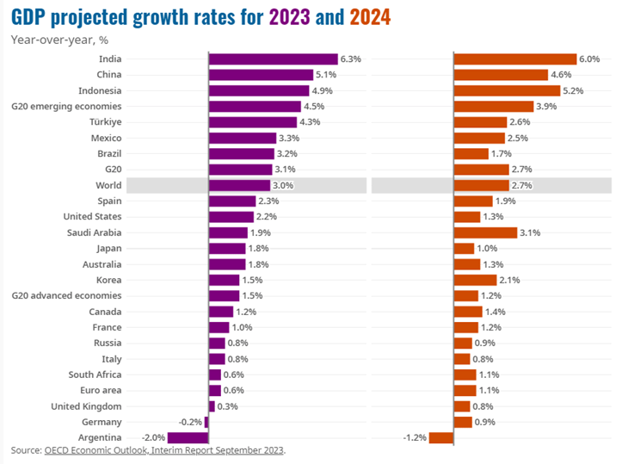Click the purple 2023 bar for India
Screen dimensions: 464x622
(273, 59)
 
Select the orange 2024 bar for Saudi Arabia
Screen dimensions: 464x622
(485, 232)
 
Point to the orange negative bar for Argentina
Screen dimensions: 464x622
(441, 438)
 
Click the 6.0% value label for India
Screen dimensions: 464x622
(589, 59)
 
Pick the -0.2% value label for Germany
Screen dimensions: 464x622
(190, 422)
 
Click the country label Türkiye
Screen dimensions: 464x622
(105, 122)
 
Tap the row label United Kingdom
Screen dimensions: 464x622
(86, 406)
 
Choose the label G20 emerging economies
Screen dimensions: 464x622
(66, 106)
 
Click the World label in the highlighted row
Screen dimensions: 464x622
(108, 185)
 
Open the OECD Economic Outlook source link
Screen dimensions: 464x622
(164, 450)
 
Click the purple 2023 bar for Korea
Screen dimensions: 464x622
(224, 280)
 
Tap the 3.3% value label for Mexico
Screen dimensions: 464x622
(290, 138)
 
